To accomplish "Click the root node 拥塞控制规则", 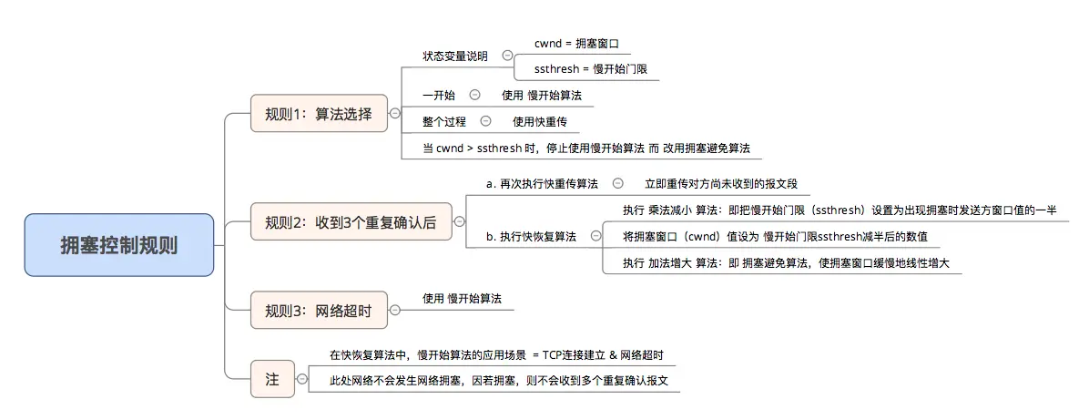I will click(119, 245).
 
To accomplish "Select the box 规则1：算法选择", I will click(319, 114).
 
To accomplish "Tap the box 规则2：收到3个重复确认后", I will click(351, 221).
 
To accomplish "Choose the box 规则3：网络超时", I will click(319, 311).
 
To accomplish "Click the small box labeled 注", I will click(271, 379).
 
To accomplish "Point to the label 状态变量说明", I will click(455, 56).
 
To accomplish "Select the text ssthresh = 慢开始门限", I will click(591, 69).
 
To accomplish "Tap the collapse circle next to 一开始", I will click(474, 95).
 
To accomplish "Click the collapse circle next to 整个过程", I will click(485, 120).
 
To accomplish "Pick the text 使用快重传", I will click(540, 121).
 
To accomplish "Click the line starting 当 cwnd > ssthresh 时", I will click(592, 148).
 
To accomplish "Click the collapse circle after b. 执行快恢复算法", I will click(596, 236).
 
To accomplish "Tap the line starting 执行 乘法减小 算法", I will click(839, 210).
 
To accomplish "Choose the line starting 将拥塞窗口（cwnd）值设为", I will click(775, 237).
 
